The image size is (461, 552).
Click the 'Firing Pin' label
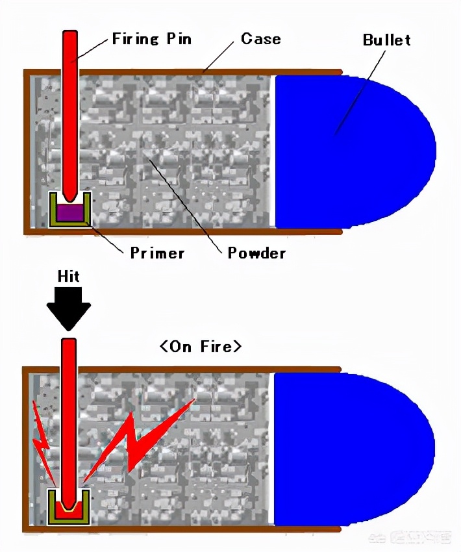(152, 38)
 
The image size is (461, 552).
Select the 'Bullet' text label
(386, 40)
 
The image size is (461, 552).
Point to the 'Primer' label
(157, 252)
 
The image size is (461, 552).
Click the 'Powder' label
(256, 252)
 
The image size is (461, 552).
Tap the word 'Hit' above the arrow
(69, 277)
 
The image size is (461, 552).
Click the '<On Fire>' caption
(201, 346)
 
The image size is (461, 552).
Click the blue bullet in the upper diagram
(351, 151)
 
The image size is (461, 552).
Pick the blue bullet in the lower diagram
(351, 448)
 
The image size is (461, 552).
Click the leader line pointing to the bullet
(360, 91)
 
